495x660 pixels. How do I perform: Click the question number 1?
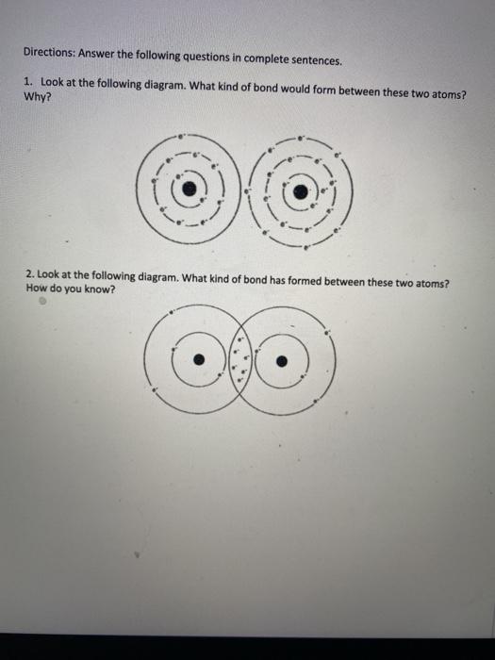[x=28, y=83]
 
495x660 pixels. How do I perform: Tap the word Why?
[x=36, y=95]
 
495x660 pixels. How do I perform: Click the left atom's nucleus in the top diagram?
[x=190, y=188]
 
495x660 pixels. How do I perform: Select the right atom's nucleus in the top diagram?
[x=300, y=192]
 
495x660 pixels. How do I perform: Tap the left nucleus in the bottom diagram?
[x=197, y=359]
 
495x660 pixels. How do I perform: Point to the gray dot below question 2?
[x=42, y=305]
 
